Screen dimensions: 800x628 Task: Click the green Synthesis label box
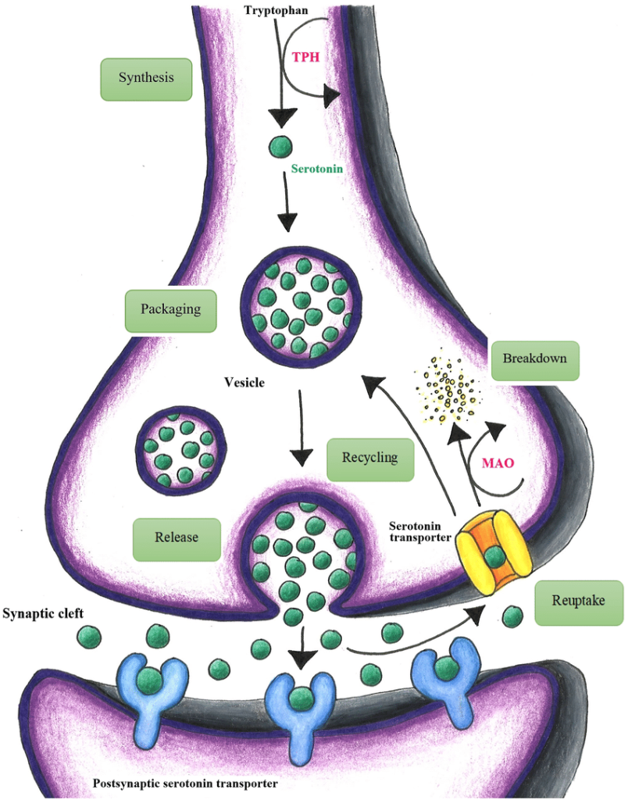146,78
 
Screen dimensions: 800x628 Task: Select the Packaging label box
170,309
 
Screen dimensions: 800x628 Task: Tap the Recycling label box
369,457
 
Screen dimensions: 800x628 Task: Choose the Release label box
177,537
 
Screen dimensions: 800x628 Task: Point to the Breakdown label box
534,359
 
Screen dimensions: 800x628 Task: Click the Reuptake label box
578,602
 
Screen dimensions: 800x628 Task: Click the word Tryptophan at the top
276,9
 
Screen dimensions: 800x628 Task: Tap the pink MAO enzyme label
498,463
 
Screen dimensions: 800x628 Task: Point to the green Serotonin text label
317,168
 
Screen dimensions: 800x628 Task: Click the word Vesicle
244,383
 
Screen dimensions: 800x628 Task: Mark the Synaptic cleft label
43,612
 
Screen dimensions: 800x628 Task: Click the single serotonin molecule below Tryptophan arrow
280,146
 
